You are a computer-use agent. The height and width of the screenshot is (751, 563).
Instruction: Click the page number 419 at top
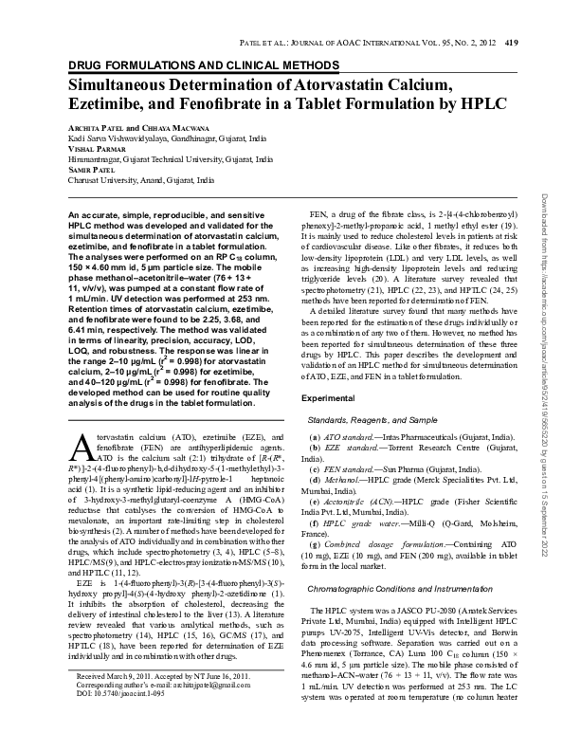(x=511, y=42)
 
